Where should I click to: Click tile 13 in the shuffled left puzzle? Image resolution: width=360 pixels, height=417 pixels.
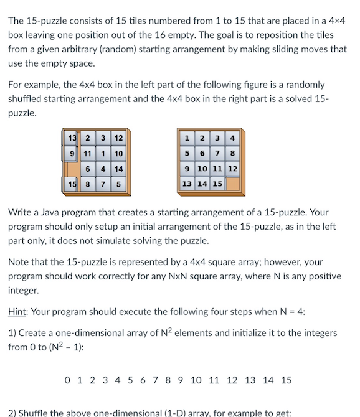(72, 138)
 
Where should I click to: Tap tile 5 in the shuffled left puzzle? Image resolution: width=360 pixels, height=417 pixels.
(118, 184)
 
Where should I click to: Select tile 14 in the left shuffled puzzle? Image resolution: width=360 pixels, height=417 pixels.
(118, 169)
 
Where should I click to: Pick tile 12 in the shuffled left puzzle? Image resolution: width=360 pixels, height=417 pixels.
(118, 138)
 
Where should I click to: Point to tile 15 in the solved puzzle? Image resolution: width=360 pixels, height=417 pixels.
(217, 184)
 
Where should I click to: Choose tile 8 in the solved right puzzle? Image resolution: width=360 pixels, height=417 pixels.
(232, 153)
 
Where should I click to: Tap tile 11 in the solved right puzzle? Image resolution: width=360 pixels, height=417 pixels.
(217, 169)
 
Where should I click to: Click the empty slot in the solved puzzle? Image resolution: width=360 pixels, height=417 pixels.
(232, 184)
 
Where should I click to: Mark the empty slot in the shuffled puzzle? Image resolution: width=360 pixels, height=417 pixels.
(73, 169)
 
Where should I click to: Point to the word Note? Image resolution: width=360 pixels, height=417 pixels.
(19, 262)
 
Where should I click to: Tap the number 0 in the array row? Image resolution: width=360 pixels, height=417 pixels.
(68, 380)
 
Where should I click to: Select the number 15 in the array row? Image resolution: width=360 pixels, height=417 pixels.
(286, 380)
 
